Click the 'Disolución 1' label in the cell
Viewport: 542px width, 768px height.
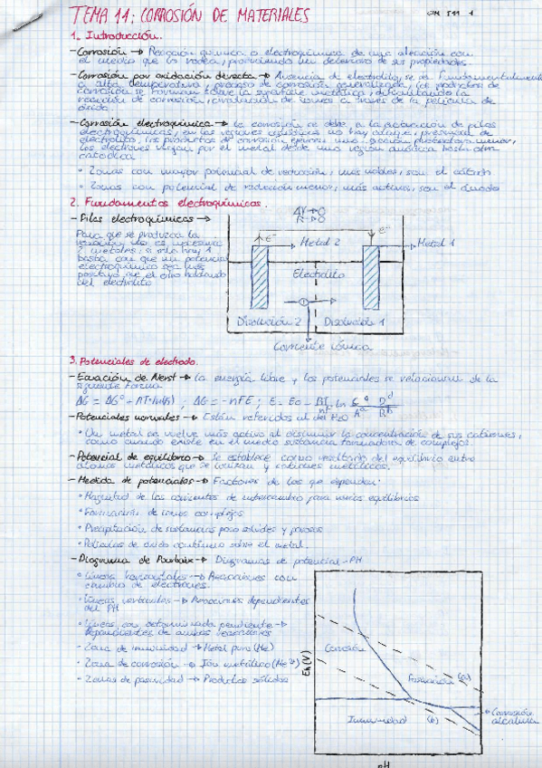(x=347, y=320)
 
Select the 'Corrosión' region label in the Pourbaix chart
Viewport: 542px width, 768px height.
(x=342, y=648)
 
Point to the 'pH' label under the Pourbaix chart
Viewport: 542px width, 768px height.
(x=382, y=763)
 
